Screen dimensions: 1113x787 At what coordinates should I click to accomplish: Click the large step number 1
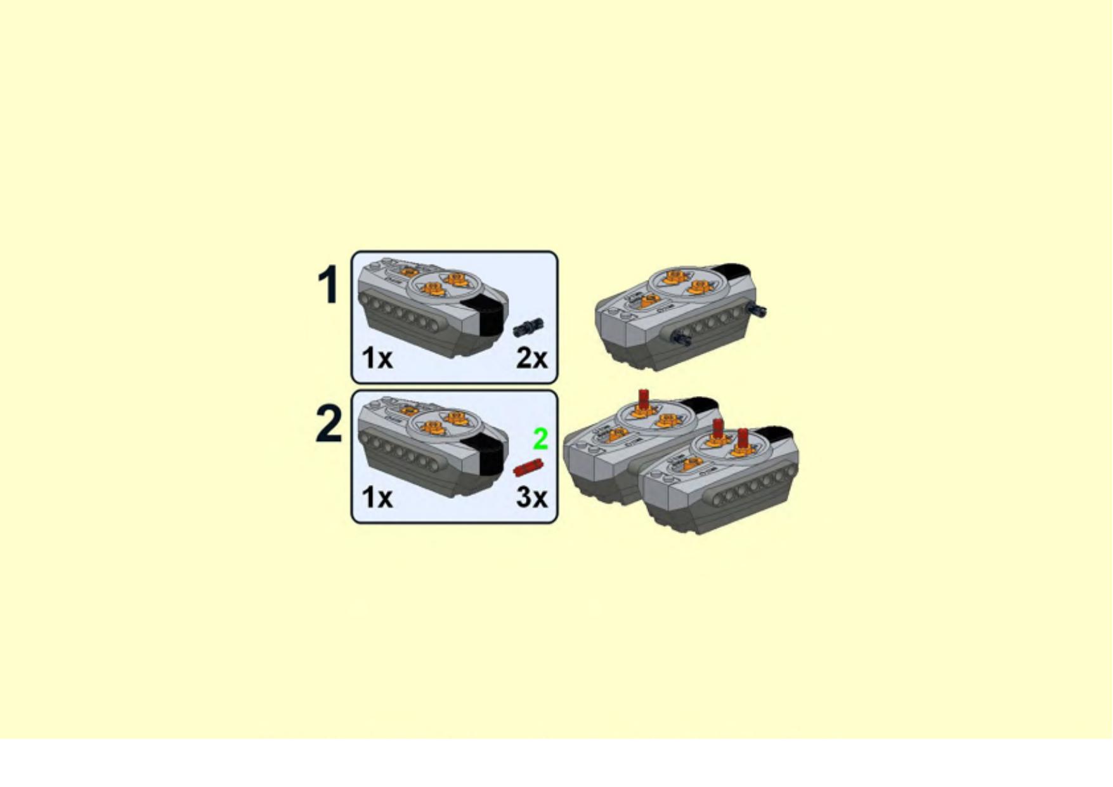[x=329, y=284]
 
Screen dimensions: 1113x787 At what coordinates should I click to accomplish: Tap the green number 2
[x=540, y=439]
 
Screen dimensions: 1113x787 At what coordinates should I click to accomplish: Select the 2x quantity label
[x=531, y=359]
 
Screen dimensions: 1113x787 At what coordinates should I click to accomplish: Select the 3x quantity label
[x=531, y=497]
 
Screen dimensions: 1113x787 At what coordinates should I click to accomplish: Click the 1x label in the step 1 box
[x=377, y=359]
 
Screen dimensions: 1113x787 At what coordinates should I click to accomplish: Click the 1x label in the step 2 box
[x=377, y=497]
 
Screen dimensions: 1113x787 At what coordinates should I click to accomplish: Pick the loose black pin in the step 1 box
[x=528, y=327]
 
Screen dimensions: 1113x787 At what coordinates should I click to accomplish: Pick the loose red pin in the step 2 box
[x=528, y=468]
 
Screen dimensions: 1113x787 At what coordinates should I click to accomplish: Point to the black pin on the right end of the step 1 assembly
[x=757, y=310]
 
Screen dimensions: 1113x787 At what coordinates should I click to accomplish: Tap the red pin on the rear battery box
[x=644, y=400]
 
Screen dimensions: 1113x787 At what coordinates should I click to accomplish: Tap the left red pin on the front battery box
[x=718, y=430]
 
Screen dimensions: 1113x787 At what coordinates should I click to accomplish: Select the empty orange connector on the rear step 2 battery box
[x=667, y=420]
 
